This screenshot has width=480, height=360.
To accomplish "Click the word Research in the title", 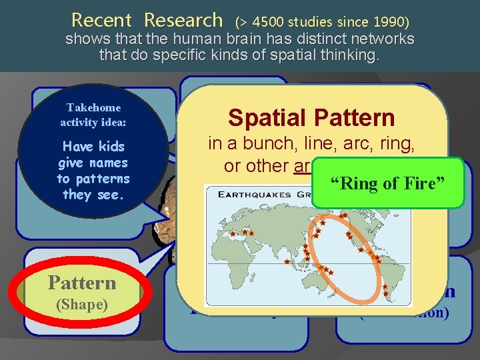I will click(x=183, y=20).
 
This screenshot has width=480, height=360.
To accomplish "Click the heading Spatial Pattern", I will click(x=311, y=118).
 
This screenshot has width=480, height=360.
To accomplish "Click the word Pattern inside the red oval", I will click(x=82, y=283).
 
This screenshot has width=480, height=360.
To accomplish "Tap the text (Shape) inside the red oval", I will click(x=82, y=304).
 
